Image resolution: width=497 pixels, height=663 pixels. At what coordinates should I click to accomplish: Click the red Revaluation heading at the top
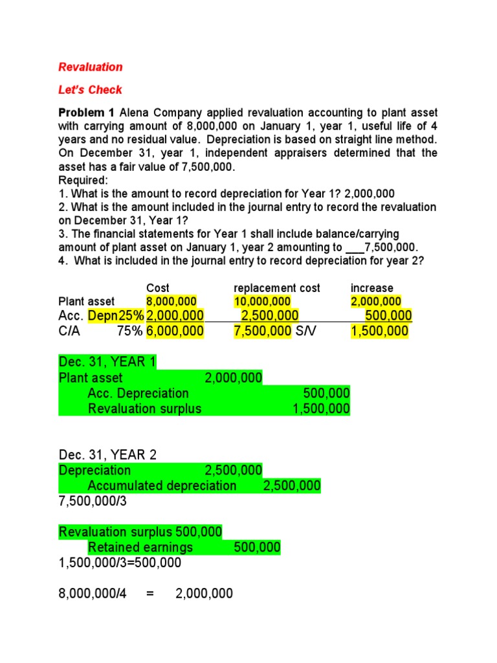tap(90, 67)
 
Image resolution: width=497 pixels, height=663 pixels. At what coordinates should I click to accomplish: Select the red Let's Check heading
tap(90, 89)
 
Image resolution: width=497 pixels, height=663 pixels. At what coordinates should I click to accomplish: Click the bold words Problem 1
tap(86, 113)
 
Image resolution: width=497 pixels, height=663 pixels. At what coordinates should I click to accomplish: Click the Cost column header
tap(158, 287)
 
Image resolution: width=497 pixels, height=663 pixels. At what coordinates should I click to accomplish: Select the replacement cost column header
tap(276, 287)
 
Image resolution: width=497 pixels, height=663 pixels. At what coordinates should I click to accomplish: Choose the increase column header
tap(371, 287)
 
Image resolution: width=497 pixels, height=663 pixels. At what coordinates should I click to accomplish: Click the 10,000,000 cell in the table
tap(262, 301)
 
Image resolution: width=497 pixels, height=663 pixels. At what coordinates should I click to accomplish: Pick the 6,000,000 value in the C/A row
tap(175, 331)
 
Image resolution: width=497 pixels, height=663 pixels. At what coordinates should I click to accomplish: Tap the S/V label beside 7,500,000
tap(304, 331)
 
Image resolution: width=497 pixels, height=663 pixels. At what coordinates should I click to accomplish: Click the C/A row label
tap(70, 331)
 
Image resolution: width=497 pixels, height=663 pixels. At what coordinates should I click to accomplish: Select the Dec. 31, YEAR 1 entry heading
tap(107, 362)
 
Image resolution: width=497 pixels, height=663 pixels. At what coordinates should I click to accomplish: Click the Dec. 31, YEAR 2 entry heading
tap(107, 454)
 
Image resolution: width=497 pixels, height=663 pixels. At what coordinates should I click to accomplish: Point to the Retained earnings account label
tap(140, 548)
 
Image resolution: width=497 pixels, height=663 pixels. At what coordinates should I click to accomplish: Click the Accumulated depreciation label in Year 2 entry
tap(162, 486)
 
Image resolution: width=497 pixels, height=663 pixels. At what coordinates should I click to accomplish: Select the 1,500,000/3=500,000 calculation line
tap(120, 563)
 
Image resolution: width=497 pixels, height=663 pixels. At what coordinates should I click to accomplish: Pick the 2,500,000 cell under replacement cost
tap(269, 316)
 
